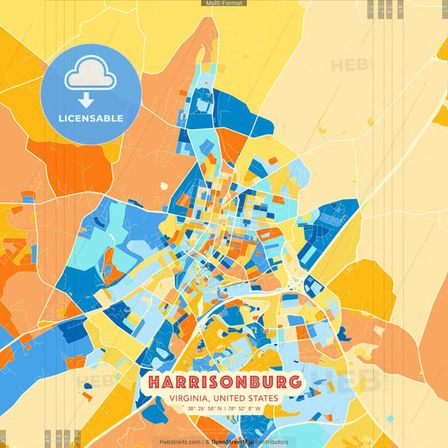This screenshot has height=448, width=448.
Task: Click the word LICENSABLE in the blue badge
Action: click(x=91, y=119)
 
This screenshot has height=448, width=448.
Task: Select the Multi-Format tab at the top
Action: click(x=224, y=3)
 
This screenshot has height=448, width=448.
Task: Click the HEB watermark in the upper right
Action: click(x=349, y=66)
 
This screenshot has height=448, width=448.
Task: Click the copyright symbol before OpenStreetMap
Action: click(x=206, y=441)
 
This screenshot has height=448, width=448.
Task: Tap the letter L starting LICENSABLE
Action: click(x=61, y=119)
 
